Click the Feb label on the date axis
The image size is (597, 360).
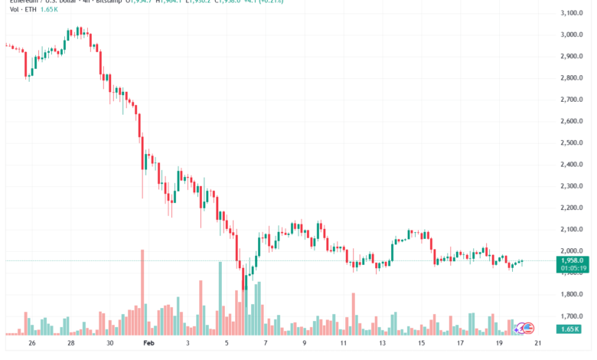pyautogui.click(x=146, y=344)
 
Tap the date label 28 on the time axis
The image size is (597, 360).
pyautogui.click(x=71, y=344)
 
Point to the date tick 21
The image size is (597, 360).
pyautogui.click(x=537, y=344)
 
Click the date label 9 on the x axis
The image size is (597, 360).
pyautogui.click(x=305, y=344)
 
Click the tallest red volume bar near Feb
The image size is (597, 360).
pyautogui.click(x=142, y=292)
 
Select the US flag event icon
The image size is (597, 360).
pyautogui.click(x=528, y=328)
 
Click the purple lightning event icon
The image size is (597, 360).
pyautogui.click(x=519, y=328)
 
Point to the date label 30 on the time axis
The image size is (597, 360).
pyautogui.click(x=110, y=344)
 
